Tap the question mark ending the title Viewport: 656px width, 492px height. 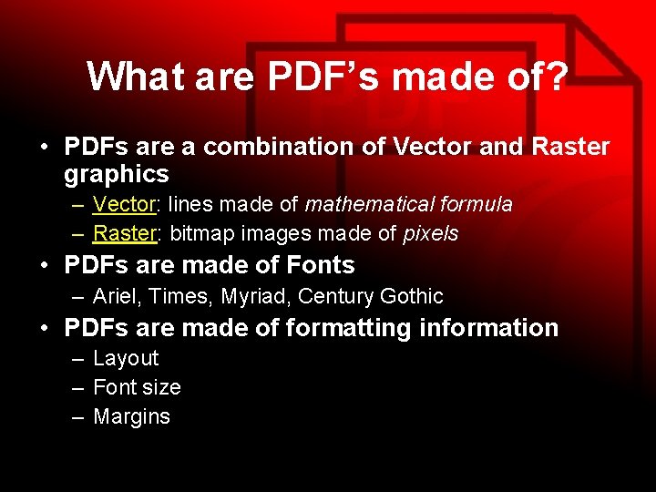pyautogui.click(x=554, y=77)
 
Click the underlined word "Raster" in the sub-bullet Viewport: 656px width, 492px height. pyautogui.click(x=126, y=233)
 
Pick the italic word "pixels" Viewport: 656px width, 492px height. pyautogui.click(x=430, y=233)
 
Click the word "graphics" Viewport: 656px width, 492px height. pyautogui.click(x=117, y=173)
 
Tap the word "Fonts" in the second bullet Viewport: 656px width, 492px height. pyautogui.click(x=320, y=265)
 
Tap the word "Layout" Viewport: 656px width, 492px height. pyautogui.click(x=126, y=358)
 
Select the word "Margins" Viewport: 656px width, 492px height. pyautogui.click(x=131, y=416)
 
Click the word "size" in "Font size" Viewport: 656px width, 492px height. pyautogui.click(x=161, y=387)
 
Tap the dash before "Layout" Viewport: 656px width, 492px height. pyautogui.click(x=79, y=359)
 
